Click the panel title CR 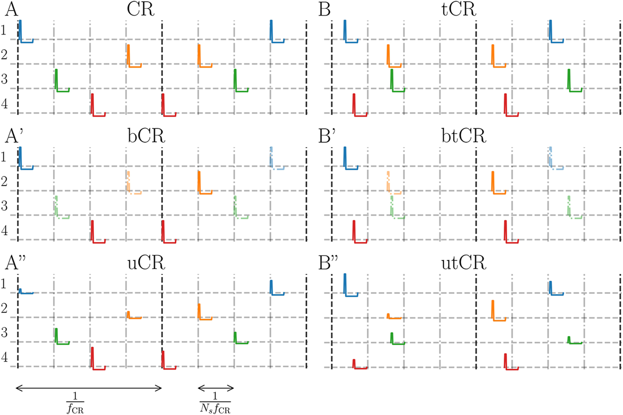click(x=141, y=9)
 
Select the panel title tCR click(x=458, y=9)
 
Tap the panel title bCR click(x=146, y=136)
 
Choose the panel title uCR click(x=146, y=263)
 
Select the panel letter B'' click(x=328, y=263)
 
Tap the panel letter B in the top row click(x=324, y=9)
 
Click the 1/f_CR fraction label click(x=75, y=404)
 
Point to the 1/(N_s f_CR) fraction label click(x=215, y=404)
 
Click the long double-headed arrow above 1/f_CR click(x=89, y=388)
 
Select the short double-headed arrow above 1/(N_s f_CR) click(x=216, y=388)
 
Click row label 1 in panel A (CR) click(x=4, y=30)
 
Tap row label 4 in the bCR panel click(x=4, y=230)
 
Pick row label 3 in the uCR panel click(x=4, y=332)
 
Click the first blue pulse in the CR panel click(x=21, y=31)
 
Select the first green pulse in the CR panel click(x=57, y=80)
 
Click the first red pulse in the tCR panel click(x=354, y=104)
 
